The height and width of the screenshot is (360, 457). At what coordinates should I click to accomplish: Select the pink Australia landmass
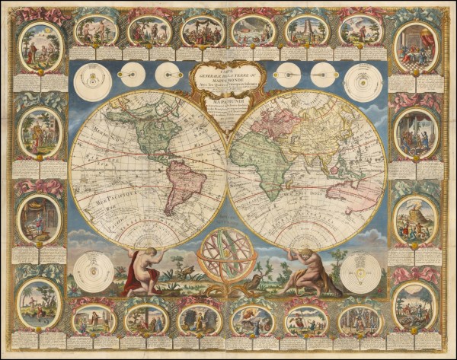pyautogui.click(x=358, y=190)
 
